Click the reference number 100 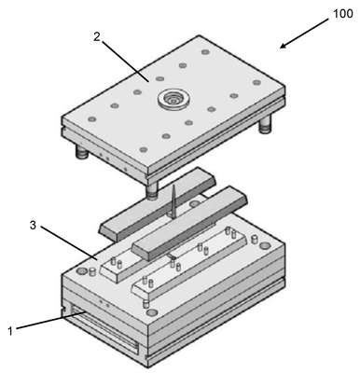coord(343,14)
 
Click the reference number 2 coord(97,37)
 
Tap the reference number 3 coord(33,226)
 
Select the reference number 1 coord(10,331)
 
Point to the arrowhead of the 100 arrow coord(283,46)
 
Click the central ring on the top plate coord(172,100)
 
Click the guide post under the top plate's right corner coord(265,125)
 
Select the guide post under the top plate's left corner coord(82,152)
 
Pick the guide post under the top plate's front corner coord(152,190)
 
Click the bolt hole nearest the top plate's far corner coord(204,52)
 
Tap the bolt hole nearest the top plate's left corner coord(91,119)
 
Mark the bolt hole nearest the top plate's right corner coord(256,82)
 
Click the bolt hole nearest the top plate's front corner coord(143,150)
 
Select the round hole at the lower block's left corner coord(82,271)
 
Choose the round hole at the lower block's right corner coord(265,245)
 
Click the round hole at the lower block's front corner coord(151,312)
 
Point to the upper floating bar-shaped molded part coord(158,203)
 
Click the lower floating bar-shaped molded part coord(189,222)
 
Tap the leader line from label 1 coord(49,320)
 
